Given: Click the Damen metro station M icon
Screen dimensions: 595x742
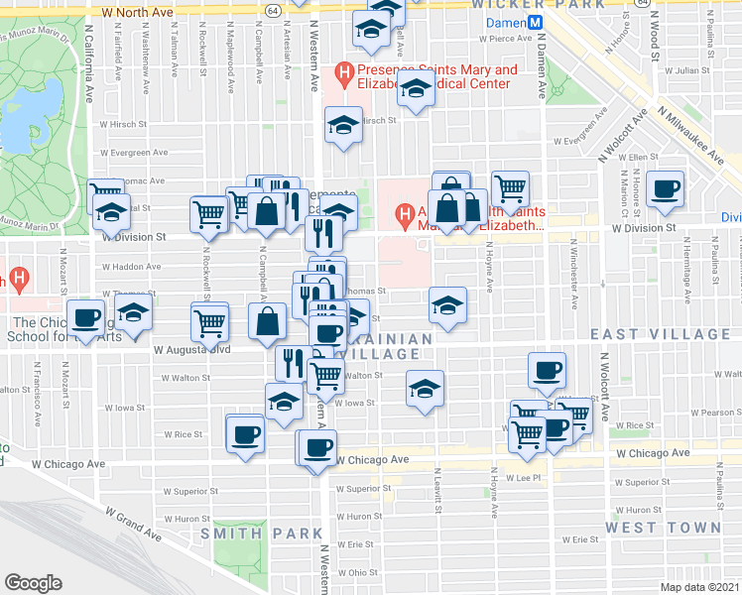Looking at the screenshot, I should coord(535,21).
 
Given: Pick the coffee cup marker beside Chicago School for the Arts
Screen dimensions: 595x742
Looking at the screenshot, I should coord(86,318).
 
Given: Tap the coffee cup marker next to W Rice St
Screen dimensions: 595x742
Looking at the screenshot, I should coord(245,432).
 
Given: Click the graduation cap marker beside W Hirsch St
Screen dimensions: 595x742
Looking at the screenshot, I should coord(344,123).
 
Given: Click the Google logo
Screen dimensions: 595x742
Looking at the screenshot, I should coord(33,582).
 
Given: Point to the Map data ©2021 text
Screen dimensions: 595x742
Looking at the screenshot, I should coord(698,587).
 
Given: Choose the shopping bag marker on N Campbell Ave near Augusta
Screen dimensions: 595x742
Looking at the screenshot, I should coord(268,320).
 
